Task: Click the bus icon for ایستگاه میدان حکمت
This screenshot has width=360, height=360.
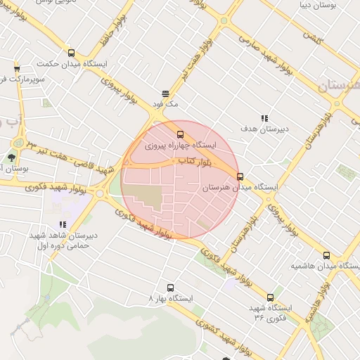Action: click(70, 53)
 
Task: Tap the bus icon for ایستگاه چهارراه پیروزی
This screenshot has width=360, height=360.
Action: click(181, 134)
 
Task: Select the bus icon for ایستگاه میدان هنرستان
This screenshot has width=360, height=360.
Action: click(240, 176)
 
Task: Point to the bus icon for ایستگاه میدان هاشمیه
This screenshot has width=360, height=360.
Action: click(326, 255)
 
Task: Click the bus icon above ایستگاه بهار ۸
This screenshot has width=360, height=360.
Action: click(170, 287)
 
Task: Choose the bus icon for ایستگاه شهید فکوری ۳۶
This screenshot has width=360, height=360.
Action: click(271, 297)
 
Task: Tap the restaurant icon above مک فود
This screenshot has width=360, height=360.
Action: click(166, 93)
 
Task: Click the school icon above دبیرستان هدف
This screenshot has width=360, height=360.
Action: click(264, 117)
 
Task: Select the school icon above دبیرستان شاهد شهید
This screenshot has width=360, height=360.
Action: click(63, 225)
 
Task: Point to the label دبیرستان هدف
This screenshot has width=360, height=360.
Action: click(264, 129)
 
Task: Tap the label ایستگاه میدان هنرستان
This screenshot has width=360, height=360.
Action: click(240, 188)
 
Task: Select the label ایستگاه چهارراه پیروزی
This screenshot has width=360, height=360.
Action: click(181, 146)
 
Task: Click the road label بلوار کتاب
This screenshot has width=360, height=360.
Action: click(185, 162)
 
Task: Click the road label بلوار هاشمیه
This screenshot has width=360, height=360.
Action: click(323, 295)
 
